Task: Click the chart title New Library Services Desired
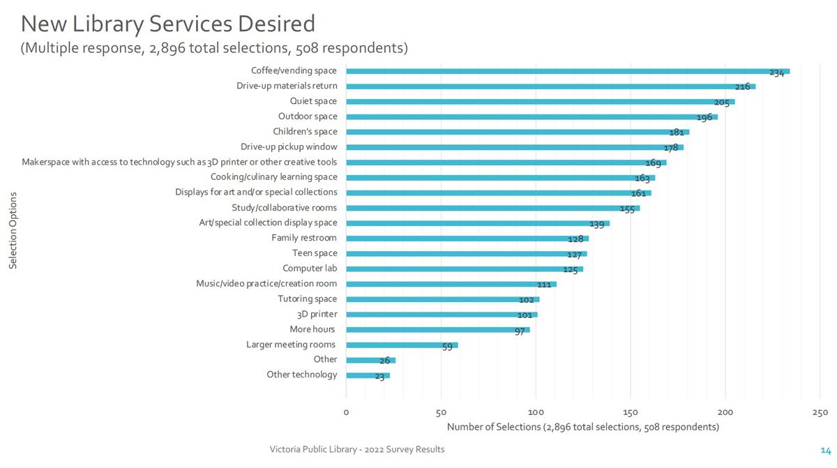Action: click(167, 24)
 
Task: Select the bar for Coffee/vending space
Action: click(567, 71)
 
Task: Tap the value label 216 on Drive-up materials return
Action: click(743, 87)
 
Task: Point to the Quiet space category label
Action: click(313, 101)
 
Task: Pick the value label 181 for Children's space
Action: click(677, 133)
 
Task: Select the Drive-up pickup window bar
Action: click(514, 147)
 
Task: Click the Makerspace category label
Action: click(179, 162)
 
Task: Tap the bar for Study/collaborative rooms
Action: click(492, 208)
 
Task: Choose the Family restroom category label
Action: click(303, 238)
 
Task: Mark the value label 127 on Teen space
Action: click(573, 255)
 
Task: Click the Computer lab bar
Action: click(464, 269)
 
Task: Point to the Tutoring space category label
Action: click(307, 299)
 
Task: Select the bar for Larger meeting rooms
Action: click(402, 345)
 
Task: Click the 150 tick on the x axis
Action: click(631, 412)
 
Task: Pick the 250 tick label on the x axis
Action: click(820, 412)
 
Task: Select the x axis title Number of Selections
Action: click(582, 427)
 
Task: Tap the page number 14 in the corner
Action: click(825, 450)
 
